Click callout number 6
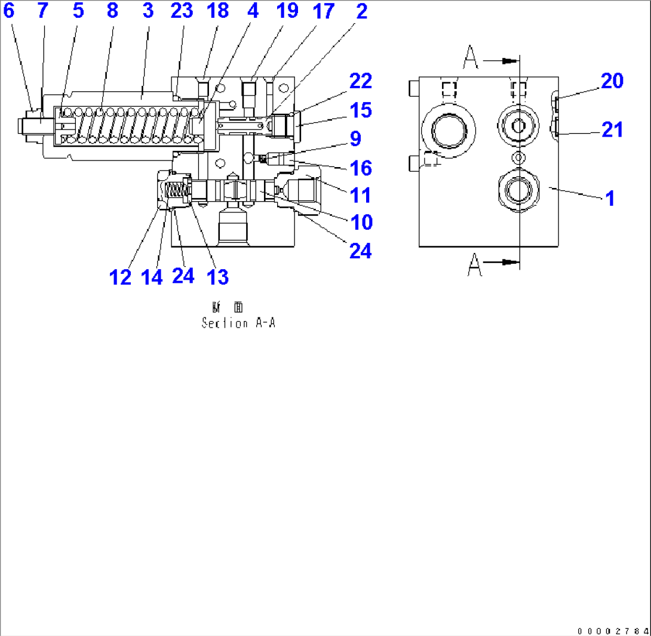click(9, 11)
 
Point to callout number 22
click(360, 82)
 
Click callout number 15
click(360, 111)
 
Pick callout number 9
click(355, 139)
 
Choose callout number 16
click(360, 168)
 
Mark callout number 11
click(360, 195)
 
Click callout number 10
click(360, 223)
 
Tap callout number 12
click(120, 277)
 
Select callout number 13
click(217, 277)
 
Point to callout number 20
click(611, 81)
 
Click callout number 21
click(611, 129)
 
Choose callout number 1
click(610, 199)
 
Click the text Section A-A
click(238, 323)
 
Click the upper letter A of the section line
click(471, 58)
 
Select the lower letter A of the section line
click(474, 264)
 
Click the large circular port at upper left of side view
click(449, 128)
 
